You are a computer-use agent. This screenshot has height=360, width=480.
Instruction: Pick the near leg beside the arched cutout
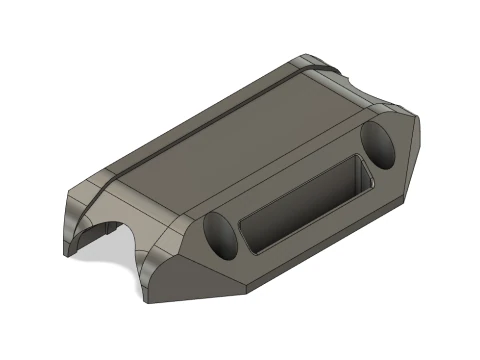coord(150,270)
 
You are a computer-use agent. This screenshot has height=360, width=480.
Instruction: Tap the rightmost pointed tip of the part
coord(419,129)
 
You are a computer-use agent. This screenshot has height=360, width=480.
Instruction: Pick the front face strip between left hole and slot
coord(240,235)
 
